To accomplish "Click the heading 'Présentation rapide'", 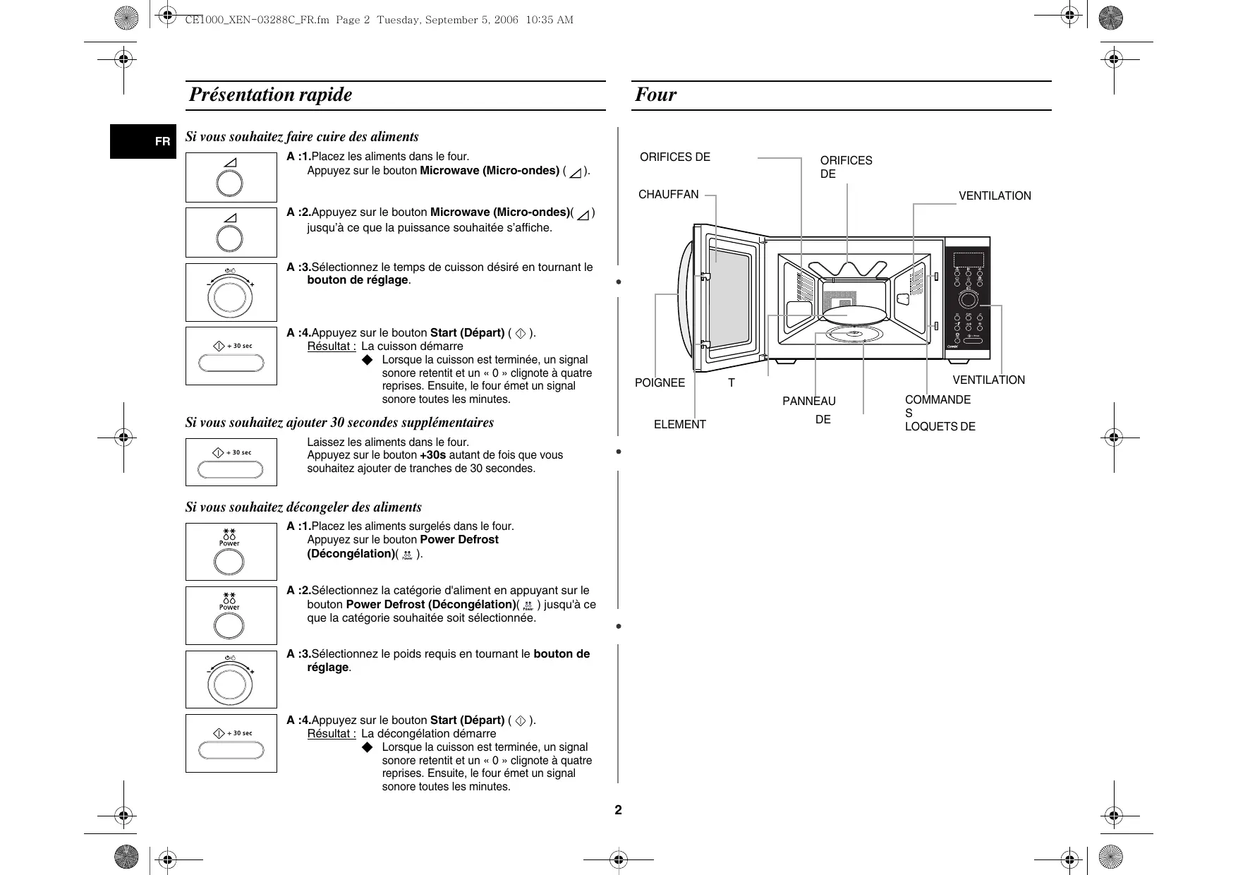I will point(270,95).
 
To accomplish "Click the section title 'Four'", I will point(655,95).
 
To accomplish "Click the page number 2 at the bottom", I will point(618,810).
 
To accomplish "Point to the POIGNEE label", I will point(660,383).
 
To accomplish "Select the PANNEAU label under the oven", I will point(808,402).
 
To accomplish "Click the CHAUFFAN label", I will point(668,195).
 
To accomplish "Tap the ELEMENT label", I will point(679,425).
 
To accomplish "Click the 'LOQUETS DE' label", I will point(940,427).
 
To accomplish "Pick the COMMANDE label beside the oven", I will point(937,400).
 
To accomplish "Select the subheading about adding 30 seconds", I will point(339,423).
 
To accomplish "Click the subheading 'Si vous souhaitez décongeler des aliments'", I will point(303,507).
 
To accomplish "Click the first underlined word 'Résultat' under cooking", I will point(331,346).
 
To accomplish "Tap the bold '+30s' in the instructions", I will point(432,455).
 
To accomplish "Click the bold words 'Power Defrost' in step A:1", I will point(459,540).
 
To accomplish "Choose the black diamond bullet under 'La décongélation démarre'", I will point(366,747).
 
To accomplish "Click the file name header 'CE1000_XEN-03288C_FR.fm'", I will point(257,20).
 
